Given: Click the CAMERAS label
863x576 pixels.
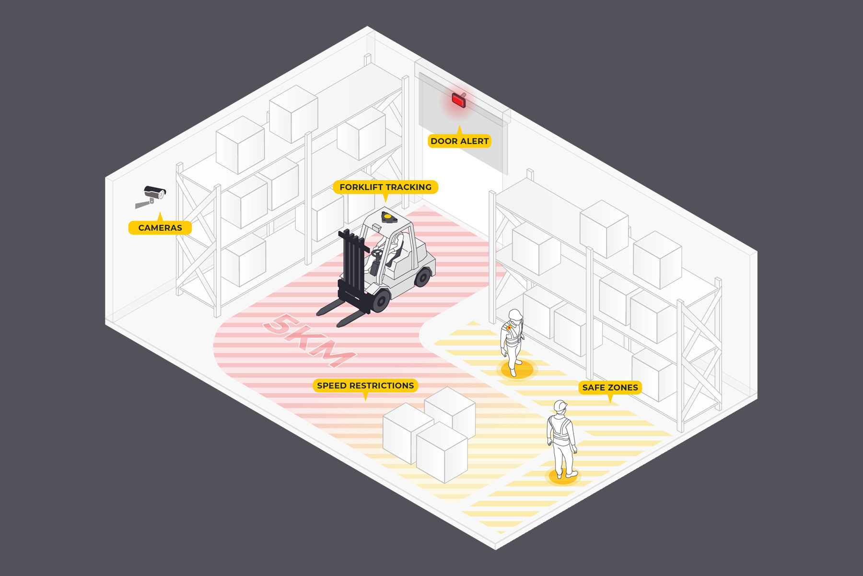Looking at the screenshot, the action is point(160,228).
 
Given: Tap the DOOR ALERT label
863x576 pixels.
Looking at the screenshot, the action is point(459,141).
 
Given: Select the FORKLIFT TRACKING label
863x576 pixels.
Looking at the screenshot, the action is point(385,187).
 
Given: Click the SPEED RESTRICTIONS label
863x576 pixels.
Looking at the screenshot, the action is point(365,385).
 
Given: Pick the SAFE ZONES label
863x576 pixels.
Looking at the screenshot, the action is point(610,387).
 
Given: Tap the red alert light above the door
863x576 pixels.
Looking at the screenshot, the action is point(458,100).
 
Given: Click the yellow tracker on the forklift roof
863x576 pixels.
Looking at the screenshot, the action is point(387,216).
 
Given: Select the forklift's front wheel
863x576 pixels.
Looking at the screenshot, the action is point(381,300).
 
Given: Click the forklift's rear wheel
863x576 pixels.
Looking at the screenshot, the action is point(423,276).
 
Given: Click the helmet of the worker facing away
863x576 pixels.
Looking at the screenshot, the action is point(560,406).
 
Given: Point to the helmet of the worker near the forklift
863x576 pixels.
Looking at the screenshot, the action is point(515,314).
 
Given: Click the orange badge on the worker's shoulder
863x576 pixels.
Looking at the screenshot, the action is point(508,328).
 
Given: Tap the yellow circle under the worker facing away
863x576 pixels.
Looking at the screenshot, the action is point(562,476).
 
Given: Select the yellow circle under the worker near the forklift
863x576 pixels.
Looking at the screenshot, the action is point(516,370).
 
